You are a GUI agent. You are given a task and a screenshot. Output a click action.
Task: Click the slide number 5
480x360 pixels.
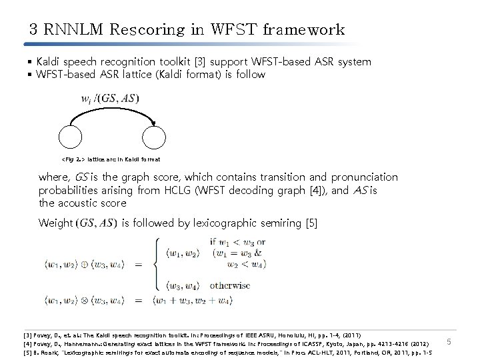click(x=449, y=343)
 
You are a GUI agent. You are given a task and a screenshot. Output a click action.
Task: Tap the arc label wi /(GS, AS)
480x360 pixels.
click(x=110, y=99)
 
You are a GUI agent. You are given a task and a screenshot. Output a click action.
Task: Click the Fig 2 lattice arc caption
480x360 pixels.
click(x=110, y=159)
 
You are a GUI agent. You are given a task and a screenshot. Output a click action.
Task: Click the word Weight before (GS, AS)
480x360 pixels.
click(x=55, y=222)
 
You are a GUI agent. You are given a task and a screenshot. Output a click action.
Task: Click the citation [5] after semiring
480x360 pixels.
click(x=310, y=222)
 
